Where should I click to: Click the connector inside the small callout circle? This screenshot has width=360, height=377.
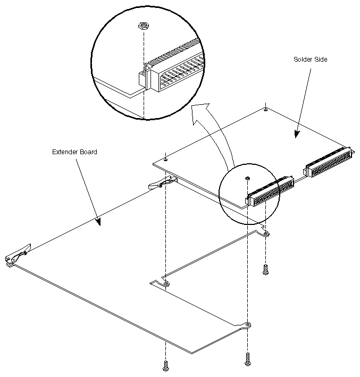tap(269, 193)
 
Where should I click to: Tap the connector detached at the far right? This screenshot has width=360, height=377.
tap(328, 162)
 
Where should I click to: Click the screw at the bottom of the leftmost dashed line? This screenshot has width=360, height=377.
tap(166, 366)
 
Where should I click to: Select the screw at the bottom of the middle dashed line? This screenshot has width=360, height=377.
tap(247, 361)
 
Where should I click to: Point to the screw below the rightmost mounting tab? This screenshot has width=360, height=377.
tap(265, 270)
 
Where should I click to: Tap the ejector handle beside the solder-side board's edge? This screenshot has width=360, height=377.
tap(160, 183)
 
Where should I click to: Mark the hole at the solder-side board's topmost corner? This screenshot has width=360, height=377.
tap(265, 110)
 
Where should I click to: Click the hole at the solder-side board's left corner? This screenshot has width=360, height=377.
tap(166, 158)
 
